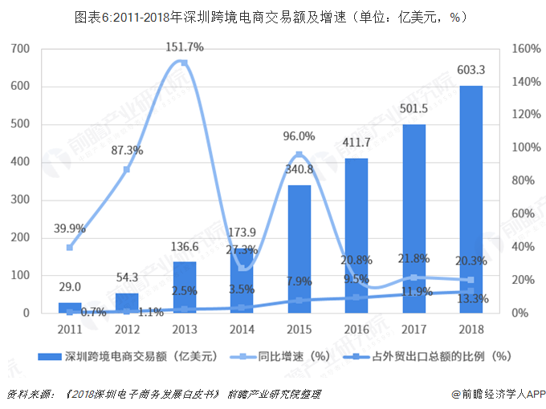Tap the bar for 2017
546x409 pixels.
414,218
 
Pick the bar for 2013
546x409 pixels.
184,287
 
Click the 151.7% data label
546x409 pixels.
185,47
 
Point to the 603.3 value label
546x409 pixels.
471,71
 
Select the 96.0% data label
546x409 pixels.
299,136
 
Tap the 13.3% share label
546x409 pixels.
471,299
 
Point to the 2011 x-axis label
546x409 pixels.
69,328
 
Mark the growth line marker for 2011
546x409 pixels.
69,247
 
